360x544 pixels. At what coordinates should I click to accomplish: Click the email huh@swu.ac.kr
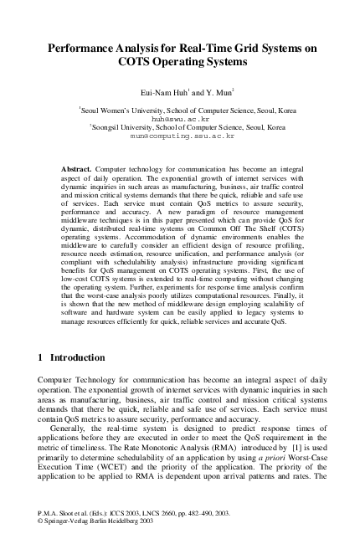pos(179,118)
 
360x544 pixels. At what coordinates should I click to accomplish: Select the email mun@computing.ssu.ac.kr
pos(179,135)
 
